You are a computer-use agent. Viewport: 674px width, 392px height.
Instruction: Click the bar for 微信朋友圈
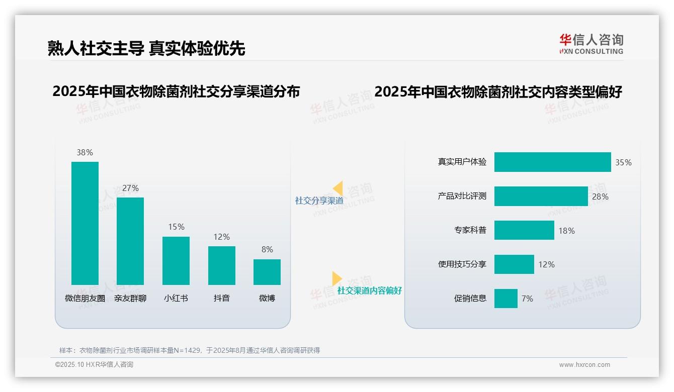tap(85, 223)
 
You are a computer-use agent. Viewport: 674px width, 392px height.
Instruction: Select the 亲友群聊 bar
tap(130, 241)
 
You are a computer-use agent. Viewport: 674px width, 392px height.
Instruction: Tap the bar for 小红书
tap(176, 260)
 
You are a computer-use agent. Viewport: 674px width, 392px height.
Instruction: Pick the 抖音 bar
tap(222, 265)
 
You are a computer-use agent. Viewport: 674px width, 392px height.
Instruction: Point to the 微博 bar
tap(267, 272)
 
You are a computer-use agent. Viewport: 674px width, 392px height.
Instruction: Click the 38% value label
tap(85, 152)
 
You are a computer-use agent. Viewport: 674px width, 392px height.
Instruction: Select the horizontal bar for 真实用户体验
tap(552, 162)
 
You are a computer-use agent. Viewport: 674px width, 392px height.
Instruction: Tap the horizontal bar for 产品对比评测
tap(541, 197)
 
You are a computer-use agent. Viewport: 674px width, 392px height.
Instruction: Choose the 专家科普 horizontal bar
tap(524, 230)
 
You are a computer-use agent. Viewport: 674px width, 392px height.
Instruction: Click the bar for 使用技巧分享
tap(514, 264)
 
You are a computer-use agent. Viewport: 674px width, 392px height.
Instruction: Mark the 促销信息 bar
tap(506, 299)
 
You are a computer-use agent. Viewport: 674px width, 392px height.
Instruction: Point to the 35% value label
tap(623, 162)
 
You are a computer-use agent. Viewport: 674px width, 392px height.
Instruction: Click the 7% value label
tap(527, 299)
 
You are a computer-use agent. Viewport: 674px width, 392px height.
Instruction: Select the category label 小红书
tap(176, 298)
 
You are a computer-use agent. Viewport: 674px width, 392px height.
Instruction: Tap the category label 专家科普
tap(470, 231)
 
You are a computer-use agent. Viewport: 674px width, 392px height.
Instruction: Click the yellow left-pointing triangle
tap(338, 188)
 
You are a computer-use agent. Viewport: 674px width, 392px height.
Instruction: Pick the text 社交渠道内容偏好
tap(370, 290)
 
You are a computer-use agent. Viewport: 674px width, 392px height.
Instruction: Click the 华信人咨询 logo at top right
tap(591, 44)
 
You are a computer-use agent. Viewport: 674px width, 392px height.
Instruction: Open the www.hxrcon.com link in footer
tap(584, 365)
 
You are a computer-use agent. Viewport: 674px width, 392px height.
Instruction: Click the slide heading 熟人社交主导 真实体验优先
tap(146, 48)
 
